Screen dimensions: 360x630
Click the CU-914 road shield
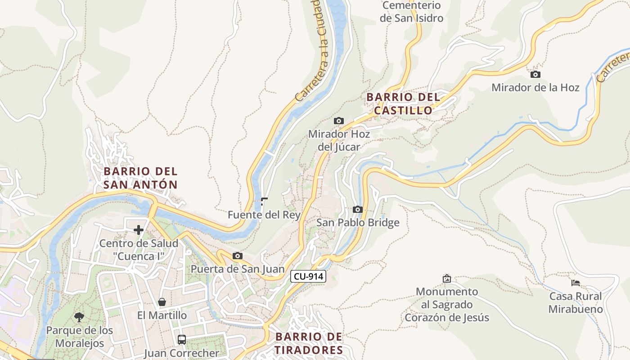point(308,276)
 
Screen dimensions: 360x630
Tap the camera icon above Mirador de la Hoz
point(535,74)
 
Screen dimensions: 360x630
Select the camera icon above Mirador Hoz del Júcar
point(338,121)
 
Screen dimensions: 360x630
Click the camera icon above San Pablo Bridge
point(357,209)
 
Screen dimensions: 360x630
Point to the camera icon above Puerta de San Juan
point(237,256)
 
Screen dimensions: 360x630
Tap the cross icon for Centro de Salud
point(139,230)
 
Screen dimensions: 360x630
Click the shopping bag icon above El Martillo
point(162,302)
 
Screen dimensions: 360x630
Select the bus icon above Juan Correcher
point(181,339)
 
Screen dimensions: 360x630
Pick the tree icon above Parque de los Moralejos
point(79,317)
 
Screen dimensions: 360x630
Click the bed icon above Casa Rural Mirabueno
point(575,283)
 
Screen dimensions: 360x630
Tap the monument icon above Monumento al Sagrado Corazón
point(446,279)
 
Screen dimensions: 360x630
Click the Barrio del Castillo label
point(403,103)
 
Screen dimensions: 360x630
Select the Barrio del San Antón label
point(140,178)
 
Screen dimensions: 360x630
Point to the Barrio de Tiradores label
point(309,343)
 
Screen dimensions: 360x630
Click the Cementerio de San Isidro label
point(411,12)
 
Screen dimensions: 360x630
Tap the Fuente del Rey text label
point(264,215)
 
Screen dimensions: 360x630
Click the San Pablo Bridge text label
point(357,223)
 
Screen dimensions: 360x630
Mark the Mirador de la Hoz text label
point(535,87)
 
